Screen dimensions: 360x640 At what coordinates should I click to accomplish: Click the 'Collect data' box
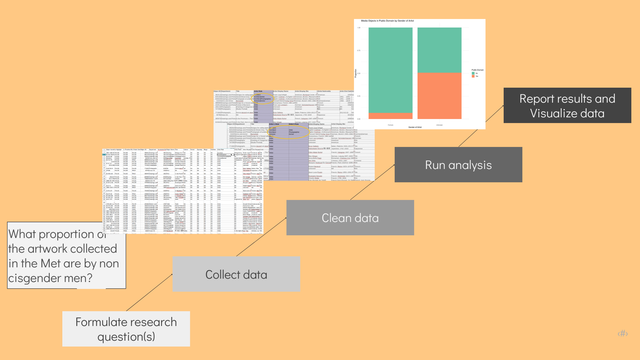click(x=236, y=274)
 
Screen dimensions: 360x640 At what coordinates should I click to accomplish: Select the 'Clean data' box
click(x=350, y=218)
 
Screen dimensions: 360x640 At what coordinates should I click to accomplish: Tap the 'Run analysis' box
click(x=458, y=165)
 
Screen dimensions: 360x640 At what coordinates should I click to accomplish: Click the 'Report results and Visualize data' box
click(x=567, y=105)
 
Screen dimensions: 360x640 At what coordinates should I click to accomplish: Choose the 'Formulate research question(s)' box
click(x=126, y=329)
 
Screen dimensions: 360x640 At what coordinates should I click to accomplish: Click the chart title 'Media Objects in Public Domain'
click(x=387, y=21)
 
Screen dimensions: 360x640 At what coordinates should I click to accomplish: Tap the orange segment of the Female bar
click(x=390, y=116)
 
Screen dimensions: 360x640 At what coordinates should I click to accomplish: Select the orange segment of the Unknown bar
click(x=439, y=96)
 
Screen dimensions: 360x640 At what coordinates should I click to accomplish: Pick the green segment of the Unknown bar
click(x=439, y=50)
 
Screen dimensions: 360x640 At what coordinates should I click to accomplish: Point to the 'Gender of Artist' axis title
click(x=415, y=127)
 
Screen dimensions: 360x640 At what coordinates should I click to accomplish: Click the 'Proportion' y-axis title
click(x=356, y=73)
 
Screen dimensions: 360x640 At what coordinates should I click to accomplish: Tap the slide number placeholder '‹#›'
click(x=623, y=334)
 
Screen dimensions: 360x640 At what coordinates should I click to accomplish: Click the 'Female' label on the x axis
click(x=390, y=125)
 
